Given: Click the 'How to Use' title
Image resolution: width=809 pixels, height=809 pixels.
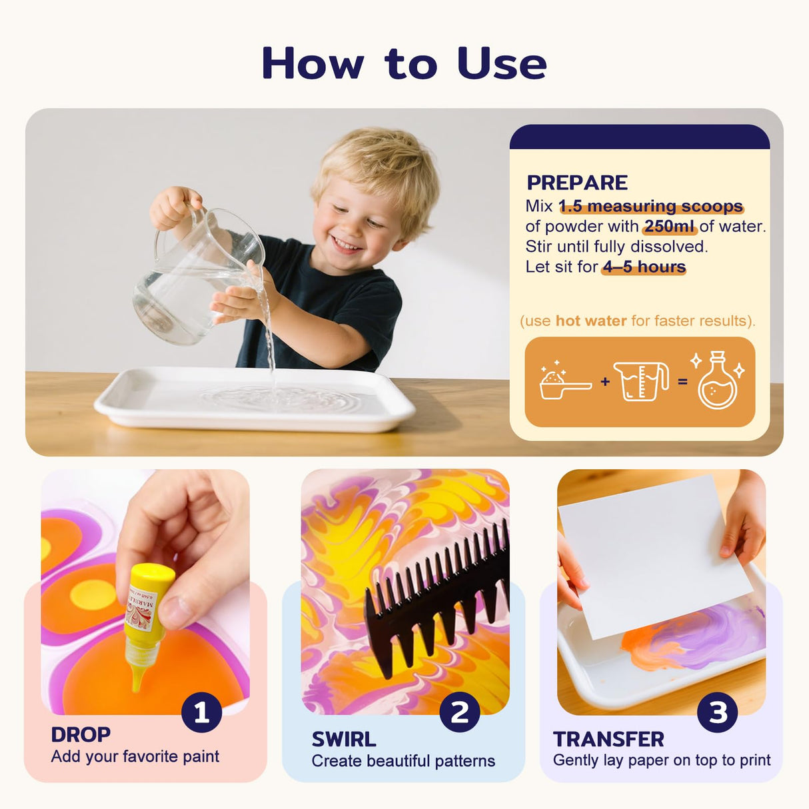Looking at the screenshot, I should pos(404,64).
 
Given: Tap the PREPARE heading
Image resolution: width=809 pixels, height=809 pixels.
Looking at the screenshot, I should pos(576,183).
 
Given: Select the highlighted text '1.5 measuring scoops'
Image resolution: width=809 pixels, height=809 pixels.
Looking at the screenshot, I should pos(650,207).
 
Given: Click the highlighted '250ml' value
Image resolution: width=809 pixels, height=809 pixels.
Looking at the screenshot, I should pos(669,227).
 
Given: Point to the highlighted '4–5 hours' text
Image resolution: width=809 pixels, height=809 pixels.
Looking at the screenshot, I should pos(644,267).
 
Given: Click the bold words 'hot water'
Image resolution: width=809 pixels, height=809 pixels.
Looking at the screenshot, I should pos(590,321).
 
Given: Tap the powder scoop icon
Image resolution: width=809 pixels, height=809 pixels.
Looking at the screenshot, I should pos(564,383).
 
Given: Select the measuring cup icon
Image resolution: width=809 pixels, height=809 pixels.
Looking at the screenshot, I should pos(640,381).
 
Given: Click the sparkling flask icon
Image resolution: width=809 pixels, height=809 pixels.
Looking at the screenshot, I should pos(717,381).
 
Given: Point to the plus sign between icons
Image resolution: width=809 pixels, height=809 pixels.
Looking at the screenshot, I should pos(604,382).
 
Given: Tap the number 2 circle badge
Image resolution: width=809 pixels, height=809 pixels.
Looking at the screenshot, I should pos(459,712).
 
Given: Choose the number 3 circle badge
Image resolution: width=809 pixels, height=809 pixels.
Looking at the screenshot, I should pos(717,712).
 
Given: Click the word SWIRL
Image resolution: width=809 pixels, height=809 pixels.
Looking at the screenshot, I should pos(344,740).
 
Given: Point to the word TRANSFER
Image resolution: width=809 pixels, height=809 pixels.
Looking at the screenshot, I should pos(608,740).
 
